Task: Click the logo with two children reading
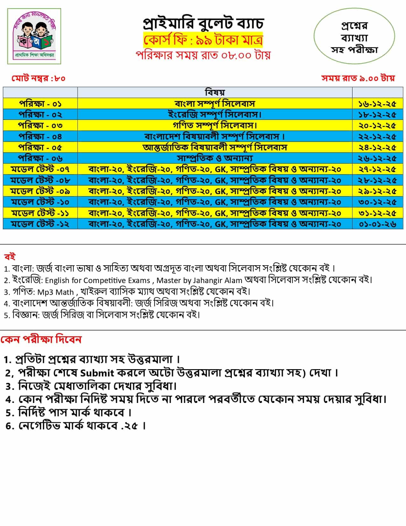34,36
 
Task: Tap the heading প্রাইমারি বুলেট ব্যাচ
203,23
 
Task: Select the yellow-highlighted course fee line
203,40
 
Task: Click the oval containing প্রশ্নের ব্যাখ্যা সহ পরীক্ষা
354,37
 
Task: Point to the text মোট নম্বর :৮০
38,78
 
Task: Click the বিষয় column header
215,92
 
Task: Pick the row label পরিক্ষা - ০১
40,104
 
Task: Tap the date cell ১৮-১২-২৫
377,114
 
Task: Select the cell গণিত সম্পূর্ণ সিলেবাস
215,125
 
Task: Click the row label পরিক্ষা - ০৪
40,136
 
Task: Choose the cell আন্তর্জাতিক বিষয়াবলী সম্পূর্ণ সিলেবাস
215,147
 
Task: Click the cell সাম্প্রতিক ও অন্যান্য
215,158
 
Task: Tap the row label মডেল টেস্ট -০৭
40,169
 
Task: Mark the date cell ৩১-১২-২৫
377,213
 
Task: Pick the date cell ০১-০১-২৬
377,224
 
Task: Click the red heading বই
10,257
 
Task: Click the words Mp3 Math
55,292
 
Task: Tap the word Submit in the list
97,373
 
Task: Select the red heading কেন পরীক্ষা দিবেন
41,340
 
